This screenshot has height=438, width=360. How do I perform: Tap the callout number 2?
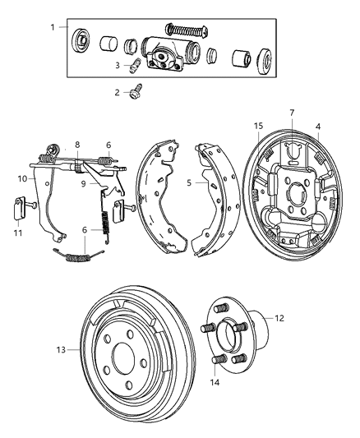click(118, 93)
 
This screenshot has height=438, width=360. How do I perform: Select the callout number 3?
click(118, 65)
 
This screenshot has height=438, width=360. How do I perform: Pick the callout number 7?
click(291, 113)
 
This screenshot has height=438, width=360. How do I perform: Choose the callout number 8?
click(78, 145)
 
